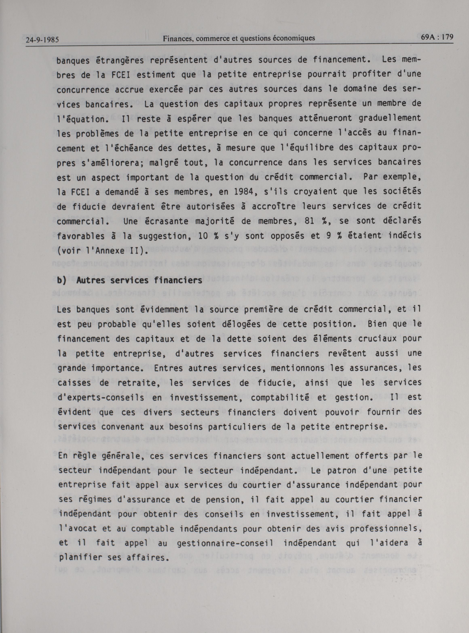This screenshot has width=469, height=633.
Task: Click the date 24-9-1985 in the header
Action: click(x=42, y=40)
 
